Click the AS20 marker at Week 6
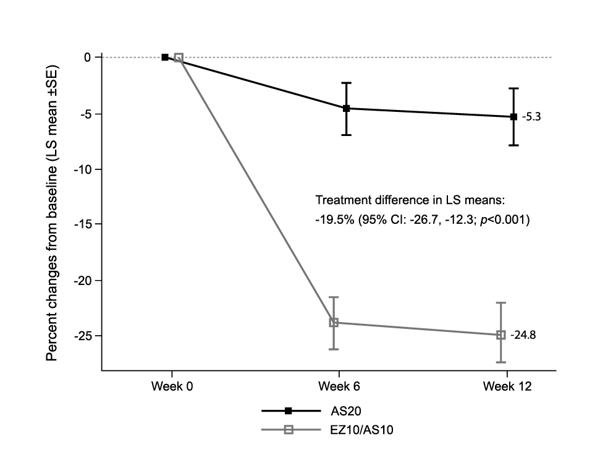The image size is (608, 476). (346, 108)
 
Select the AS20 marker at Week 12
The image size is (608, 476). (513, 117)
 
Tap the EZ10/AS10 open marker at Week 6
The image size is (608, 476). (334, 323)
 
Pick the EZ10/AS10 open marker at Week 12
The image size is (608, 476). (501, 334)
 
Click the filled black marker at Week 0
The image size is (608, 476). (165, 57)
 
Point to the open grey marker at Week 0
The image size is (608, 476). (179, 57)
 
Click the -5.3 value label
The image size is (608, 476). (531, 117)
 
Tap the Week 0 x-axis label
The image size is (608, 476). (172, 387)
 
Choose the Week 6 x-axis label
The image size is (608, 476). (339, 387)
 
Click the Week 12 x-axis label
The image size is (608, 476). (507, 387)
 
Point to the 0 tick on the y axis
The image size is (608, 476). (88, 57)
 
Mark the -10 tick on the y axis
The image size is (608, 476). (83, 169)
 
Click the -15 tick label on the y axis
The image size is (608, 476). (83, 224)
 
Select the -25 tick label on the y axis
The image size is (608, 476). (83, 336)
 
